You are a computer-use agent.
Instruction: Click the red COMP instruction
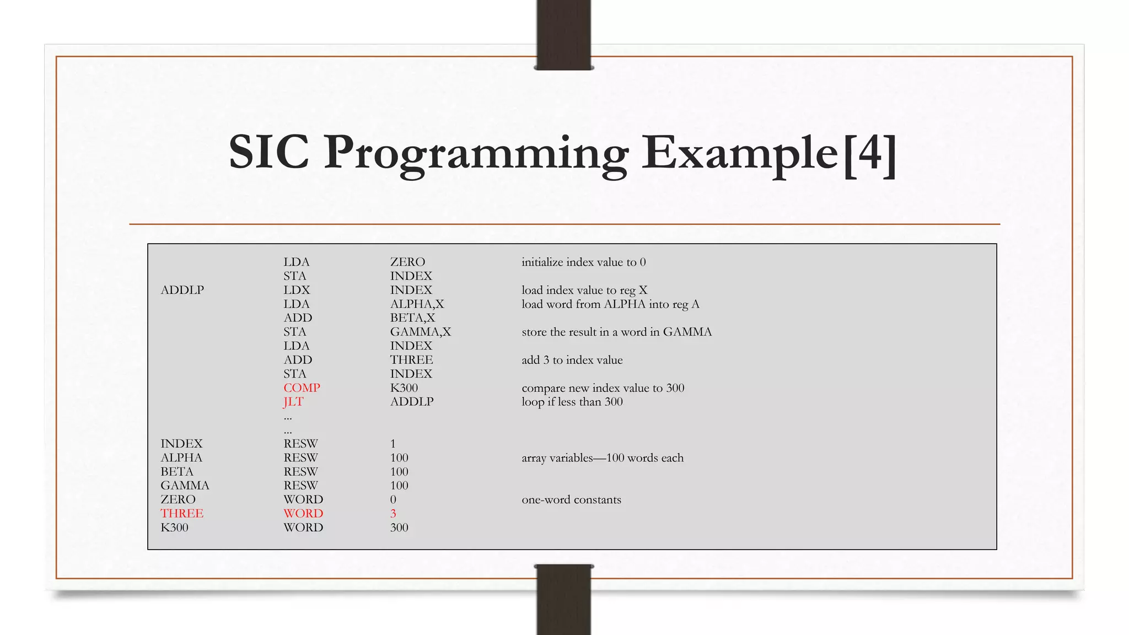302,388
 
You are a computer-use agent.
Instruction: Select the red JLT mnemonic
293,402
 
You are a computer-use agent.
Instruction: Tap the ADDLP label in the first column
182,290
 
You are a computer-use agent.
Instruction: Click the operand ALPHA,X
417,304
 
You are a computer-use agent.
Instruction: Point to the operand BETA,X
412,318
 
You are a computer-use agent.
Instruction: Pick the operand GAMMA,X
420,332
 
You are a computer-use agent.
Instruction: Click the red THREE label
182,514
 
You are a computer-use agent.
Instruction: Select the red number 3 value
393,514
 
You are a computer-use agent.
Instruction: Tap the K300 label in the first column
174,528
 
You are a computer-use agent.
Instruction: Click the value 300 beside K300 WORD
399,528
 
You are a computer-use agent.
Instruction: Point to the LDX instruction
297,290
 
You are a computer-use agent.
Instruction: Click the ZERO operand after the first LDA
407,262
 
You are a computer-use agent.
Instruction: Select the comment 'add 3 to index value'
572,360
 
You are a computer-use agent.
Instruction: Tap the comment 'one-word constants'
571,500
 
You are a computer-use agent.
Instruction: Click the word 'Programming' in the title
475,153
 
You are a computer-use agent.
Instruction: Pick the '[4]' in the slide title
870,153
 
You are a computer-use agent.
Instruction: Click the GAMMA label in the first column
185,486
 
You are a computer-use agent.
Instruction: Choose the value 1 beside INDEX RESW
393,444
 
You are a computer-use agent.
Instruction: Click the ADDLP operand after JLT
412,402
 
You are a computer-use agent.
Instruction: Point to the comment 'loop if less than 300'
572,402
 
